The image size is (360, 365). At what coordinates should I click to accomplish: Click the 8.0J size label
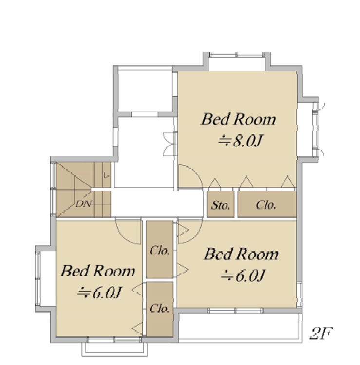tap(240, 141)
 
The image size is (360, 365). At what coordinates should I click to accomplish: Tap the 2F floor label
tap(321, 333)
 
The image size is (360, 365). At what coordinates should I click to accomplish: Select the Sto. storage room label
tap(220, 205)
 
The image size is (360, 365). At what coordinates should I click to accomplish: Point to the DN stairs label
tap(84, 204)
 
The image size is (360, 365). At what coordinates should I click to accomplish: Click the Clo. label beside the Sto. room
tap(266, 205)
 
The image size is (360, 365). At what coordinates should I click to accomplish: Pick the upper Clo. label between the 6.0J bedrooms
tap(159, 250)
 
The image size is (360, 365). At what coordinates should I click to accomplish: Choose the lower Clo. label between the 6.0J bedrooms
tap(159, 309)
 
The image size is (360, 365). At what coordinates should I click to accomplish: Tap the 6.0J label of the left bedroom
tap(100, 292)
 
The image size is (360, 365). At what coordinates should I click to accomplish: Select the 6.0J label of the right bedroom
tap(243, 275)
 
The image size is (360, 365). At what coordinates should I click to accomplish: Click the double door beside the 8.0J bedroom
tap(170, 144)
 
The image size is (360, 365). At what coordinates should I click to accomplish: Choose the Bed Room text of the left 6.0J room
tap(98, 271)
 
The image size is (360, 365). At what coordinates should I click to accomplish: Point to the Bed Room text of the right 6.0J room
tap(241, 254)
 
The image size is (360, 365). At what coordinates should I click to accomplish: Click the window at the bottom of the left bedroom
tap(114, 340)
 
